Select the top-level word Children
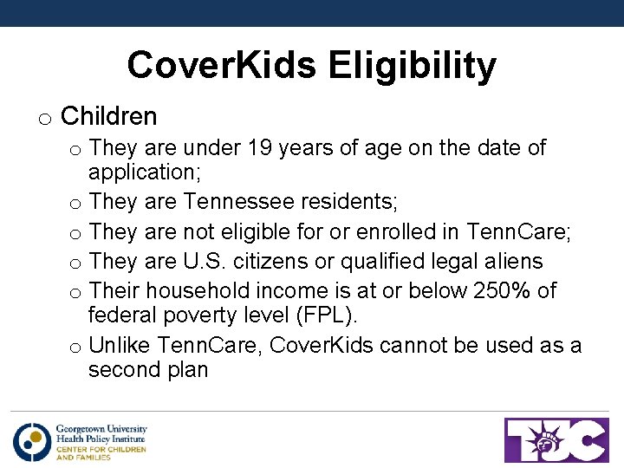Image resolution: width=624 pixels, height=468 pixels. point(108,116)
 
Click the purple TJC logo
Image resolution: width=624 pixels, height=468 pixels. point(556,439)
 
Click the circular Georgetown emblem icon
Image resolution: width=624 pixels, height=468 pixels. point(32,441)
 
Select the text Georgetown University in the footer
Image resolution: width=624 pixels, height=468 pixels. point(101,428)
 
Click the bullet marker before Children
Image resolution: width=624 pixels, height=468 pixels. point(44,119)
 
